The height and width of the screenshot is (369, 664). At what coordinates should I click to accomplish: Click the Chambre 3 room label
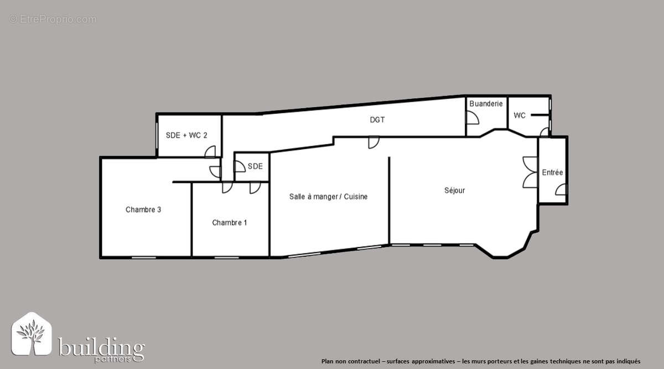click(143, 209)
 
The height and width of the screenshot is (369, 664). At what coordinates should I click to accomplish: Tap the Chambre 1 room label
click(230, 223)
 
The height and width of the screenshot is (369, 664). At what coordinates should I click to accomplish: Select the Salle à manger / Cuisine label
click(328, 197)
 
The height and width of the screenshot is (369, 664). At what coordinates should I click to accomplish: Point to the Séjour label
click(454, 191)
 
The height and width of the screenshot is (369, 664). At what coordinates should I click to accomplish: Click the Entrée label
click(552, 173)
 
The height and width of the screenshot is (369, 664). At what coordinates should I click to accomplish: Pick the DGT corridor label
click(377, 119)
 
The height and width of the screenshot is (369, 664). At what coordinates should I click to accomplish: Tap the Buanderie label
click(486, 104)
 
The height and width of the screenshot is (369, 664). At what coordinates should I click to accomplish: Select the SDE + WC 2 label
click(186, 135)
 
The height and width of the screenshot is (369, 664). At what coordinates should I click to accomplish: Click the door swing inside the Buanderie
click(473, 118)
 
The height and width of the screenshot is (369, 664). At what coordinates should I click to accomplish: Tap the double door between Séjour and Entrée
click(530, 172)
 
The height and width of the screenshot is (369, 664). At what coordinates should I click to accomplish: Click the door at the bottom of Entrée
click(561, 190)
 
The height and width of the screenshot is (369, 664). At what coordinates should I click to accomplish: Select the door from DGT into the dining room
click(374, 143)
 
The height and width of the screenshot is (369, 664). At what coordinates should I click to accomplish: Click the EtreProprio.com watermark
click(53, 19)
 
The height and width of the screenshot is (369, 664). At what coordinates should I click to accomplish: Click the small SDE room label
click(255, 166)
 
